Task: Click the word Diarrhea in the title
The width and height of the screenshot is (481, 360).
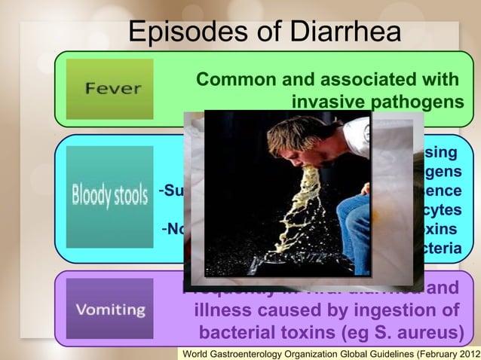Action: coord(330,32)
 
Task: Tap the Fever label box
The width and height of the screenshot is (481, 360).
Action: coord(111,88)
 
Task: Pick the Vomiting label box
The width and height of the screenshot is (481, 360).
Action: coord(109,309)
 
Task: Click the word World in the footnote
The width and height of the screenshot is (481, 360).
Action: coord(198,353)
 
